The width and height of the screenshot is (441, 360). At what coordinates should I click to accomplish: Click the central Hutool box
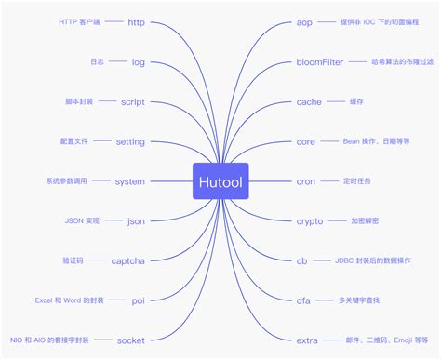(220, 181)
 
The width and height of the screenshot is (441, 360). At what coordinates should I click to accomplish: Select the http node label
(136, 21)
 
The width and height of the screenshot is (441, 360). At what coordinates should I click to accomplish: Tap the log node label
(138, 61)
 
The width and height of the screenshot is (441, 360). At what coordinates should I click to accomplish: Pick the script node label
(132, 101)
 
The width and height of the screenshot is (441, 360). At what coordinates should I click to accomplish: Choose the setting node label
(130, 141)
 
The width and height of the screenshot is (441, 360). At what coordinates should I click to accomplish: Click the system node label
(129, 181)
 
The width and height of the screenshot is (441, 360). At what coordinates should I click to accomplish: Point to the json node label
(136, 221)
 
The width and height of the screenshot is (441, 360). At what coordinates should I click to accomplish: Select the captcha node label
(128, 261)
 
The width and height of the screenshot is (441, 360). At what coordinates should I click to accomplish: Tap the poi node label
(138, 301)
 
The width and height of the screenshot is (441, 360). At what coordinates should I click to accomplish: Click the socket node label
(130, 341)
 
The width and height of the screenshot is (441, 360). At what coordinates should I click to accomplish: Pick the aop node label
(304, 21)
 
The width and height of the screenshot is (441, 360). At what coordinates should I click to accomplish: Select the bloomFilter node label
(320, 61)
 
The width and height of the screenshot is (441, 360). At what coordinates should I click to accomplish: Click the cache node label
(309, 101)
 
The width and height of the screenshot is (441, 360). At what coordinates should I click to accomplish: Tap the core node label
(305, 141)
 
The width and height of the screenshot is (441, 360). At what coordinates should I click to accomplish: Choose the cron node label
(306, 181)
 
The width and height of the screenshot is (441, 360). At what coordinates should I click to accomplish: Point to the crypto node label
(310, 221)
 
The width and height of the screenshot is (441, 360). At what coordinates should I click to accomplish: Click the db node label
(301, 261)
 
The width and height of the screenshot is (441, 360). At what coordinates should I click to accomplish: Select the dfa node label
(302, 301)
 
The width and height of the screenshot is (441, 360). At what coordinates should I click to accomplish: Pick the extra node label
(307, 341)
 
